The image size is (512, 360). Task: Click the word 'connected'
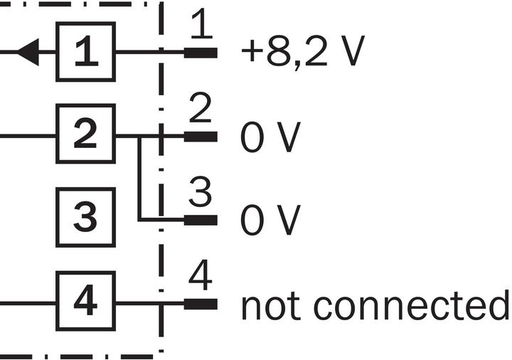pos(412,306)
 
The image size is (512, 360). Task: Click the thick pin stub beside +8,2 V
pos(201,53)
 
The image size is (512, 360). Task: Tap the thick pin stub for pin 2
pos(201,135)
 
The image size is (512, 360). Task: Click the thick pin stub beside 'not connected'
pos(201,304)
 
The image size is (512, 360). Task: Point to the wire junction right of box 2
pos(140,135)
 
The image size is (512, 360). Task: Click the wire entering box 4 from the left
pos(28,304)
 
